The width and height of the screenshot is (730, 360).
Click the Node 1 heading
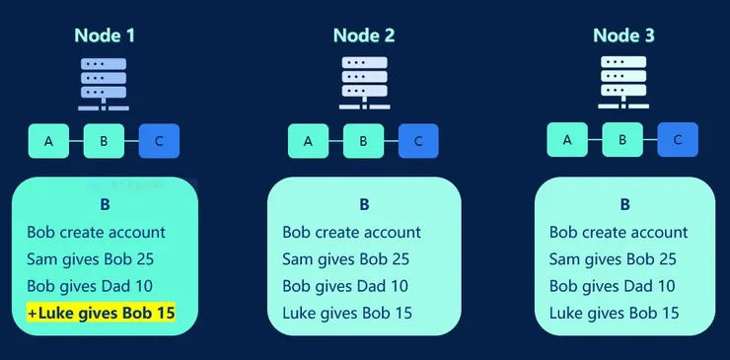pos(104,36)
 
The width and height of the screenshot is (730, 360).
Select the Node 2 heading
pos(363,36)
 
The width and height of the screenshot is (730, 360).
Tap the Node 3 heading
pos(622,36)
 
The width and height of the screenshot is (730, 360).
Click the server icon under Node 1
pos(104,84)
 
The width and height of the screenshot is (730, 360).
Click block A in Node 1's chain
pos(48,141)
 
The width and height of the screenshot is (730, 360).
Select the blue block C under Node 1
pos(159,141)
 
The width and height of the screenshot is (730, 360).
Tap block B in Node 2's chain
pos(363,141)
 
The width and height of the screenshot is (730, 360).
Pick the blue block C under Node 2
pos(418,141)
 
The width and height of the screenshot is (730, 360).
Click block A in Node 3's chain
pos(567,140)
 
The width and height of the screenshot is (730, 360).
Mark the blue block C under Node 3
pos(678,140)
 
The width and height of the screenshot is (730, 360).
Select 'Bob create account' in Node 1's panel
pos(96,233)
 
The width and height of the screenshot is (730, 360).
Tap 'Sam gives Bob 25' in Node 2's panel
pos(345,259)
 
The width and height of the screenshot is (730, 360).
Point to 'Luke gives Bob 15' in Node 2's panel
pos(346,314)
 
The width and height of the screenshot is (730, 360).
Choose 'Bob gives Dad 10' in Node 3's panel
pos(612,286)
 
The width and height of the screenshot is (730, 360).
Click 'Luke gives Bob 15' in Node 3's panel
pos(614,313)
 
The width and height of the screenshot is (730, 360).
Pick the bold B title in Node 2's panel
pos(363,205)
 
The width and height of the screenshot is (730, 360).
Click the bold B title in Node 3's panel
pos(624,205)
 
